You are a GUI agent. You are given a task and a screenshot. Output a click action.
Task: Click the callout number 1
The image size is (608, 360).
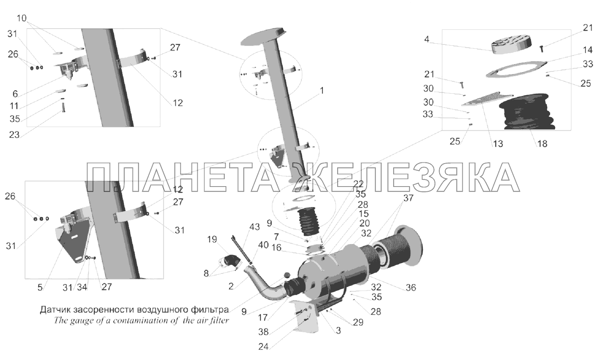click(x=322, y=90)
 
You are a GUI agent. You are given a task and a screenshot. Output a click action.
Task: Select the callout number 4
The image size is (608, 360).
click(x=427, y=40)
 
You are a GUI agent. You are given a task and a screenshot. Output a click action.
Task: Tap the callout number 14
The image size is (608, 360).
click(x=587, y=50)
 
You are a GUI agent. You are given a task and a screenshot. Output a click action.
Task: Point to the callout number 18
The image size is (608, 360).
click(x=542, y=144)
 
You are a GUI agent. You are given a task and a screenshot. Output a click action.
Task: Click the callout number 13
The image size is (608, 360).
click(x=498, y=144)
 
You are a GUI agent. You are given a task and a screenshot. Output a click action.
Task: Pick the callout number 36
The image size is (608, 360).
click(x=411, y=288)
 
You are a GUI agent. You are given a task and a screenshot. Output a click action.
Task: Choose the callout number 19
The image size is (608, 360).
click(x=212, y=239)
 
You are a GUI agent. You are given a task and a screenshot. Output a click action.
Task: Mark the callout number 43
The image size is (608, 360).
click(x=255, y=227)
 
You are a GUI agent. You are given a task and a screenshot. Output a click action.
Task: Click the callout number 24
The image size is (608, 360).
click(x=263, y=347)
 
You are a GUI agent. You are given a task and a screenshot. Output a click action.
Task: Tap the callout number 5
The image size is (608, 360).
click(x=40, y=288)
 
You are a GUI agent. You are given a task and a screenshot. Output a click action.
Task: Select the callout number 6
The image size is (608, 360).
click(x=15, y=94)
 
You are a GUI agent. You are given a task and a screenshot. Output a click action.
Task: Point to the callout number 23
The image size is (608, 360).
click(x=14, y=135)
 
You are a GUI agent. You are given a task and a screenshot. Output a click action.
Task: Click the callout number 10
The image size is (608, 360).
click(x=22, y=18)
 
